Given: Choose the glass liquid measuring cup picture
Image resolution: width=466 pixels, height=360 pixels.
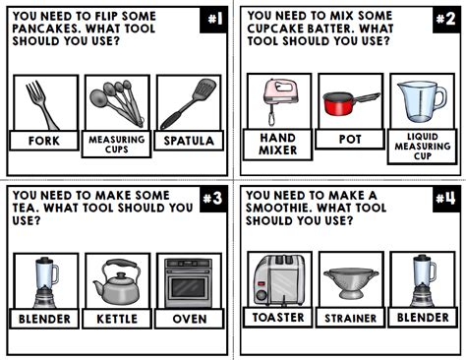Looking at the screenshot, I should coord(422,101).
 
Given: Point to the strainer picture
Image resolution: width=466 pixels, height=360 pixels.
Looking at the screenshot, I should coord(350,280).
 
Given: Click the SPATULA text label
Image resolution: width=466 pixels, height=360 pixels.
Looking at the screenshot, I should coord(189,141).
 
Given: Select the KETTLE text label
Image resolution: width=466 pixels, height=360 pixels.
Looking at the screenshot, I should coord(117,319).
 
